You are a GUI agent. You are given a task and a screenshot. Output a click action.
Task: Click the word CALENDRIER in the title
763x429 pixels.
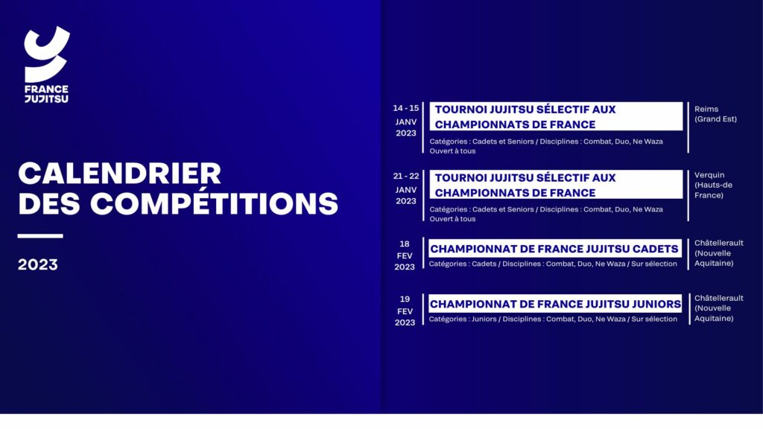(x=120, y=173)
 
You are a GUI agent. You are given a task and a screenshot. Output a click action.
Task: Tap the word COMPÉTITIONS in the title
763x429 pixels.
(x=214, y=203)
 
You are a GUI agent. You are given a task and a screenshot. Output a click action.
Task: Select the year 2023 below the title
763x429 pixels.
(x=38, y=264)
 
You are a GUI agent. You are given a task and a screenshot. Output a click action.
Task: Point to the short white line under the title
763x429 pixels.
(x=40, y=236)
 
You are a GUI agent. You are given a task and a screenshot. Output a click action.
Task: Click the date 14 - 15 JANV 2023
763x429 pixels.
(x=406, y=121)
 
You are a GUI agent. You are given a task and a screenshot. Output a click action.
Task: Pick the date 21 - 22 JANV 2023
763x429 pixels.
(x=406, y=188)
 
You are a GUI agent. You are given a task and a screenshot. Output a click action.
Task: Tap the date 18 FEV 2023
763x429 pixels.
(x=405, y=255)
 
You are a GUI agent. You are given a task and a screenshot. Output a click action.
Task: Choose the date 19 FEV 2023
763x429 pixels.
(x=405, y=311)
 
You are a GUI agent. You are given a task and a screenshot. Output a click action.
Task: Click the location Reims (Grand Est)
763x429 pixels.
(x=715, y=114)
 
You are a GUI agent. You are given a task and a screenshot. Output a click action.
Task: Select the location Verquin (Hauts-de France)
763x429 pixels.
(x=713, y=185)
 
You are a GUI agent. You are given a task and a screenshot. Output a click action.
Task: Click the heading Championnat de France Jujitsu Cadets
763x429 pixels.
(x=554, y=249)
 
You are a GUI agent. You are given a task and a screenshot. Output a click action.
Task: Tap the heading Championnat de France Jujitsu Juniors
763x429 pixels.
(x=555, y=305)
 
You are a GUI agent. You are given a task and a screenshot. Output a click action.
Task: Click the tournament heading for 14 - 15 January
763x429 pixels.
(x=525, y=117)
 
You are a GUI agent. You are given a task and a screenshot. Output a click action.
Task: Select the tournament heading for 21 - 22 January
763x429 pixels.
(x=525, y=185)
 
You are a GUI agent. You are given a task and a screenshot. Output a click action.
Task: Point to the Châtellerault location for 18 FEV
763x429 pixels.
(x=719, y=253)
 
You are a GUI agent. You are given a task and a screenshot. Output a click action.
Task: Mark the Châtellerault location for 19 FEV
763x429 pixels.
(x=719, y=308)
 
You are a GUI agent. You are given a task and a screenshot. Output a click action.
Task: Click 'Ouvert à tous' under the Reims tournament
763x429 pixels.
(x=452, y=151)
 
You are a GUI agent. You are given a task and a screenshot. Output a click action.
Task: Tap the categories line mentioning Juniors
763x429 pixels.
(x=553, y=319)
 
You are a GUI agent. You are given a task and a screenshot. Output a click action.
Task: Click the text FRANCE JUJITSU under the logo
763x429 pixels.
(x=47, y=94)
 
